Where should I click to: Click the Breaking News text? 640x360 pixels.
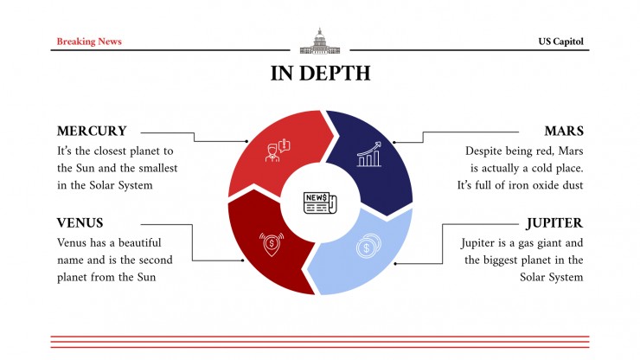pyautogui.click(x=89, y=42)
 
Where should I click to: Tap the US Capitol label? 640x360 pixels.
pyautogui.click(x=560, y=42)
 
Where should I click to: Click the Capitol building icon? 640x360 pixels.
pyautogui.click(x=320, y=41)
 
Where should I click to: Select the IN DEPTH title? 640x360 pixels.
pyautogui.click(x=320, y=74)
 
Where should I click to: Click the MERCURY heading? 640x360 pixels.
pyautogui.click(x=92, y=131)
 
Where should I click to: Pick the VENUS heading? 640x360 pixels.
pyautogui.click(x=80, y=222)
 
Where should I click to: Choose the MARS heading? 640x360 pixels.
pyautogui.click(x=564, y=131)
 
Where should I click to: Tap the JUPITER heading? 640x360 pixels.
pyautogui.click(x=554, y=223)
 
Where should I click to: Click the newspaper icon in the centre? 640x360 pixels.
pyautogui.click(x=320, y=202)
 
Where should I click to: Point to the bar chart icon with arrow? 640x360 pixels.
pyautogui.click(x=369, y=154)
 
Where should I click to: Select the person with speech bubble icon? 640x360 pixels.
pyautogui.click(x=278, y=151)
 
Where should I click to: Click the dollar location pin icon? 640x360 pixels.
pyautogui.click(x=272, y=244)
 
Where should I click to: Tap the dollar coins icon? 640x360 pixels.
pyautogui.click(x=368, y=246)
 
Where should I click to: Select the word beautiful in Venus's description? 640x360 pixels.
pyautogui.click(x=139, y=242)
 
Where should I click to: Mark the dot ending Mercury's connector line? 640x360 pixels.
pyautogui.click(x=246, y=141)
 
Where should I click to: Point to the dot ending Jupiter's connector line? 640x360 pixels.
pyautogui.click(x=395, y=264)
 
